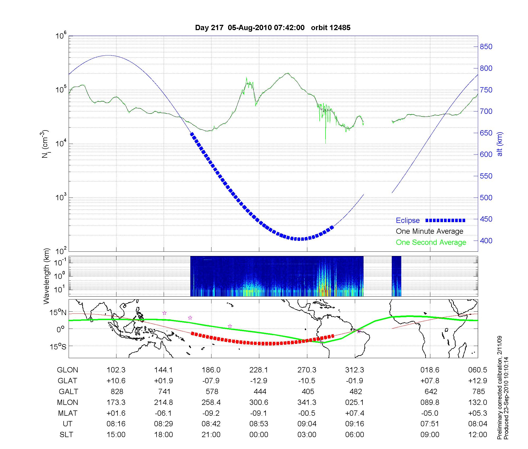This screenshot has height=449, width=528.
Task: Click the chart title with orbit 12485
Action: click(x=272, y=28)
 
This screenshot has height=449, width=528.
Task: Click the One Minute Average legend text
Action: click(x=430, y=231)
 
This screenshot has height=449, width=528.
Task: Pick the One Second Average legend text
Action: click(x=431, y=242)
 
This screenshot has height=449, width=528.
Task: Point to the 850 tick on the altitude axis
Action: click(x=486, y=47)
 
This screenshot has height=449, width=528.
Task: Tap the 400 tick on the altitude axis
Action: click(x=486, y=241)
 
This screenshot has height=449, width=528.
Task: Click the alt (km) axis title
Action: click(x=500, y=144)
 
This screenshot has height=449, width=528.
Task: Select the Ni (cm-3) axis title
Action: click(x=45, y=144)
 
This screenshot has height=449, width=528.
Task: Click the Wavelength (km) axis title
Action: click(x=46, y=276)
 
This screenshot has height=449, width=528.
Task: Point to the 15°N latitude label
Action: click(x=58, y=313)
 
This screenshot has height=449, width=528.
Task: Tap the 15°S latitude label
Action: click(x=58, y=346)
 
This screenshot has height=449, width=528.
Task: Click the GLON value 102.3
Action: click(x=116, y=370)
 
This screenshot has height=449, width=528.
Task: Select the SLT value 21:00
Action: click(x=211, y=434)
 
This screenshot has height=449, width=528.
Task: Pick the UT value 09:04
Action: click(x=307, y=424)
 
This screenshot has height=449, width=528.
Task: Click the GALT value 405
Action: click(x=308, y=391)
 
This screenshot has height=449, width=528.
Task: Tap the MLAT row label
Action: click(x=68, y=413)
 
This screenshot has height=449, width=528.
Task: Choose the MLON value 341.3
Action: click(x=307, y=402)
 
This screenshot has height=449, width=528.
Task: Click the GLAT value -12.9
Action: click(x=259, y=381)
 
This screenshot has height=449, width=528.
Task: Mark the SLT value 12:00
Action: click(x=478, y=434)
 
